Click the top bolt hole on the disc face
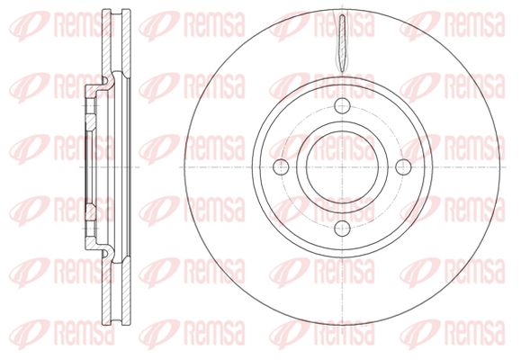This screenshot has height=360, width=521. (x=342, y=106)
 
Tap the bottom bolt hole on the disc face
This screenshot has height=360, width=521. (x=342, y=228)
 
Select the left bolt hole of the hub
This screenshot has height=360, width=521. (x=281, y=166)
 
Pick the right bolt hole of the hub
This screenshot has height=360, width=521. (x=403, y=166)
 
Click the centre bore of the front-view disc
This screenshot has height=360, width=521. (x=342, y=166)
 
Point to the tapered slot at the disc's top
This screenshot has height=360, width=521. (x=342, y=43)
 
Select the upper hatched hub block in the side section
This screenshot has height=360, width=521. (x=91, y=122)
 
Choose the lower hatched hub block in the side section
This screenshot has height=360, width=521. (x=91, y=212)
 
